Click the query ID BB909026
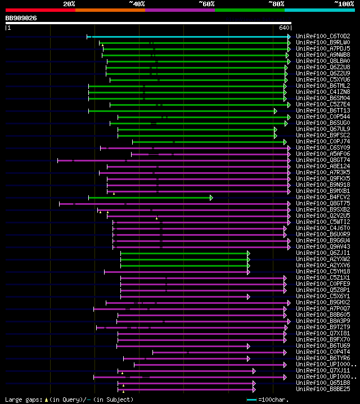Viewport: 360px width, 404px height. (21, 18)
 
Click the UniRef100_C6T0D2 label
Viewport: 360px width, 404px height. (323, 37)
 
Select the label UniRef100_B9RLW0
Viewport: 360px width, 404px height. (323, 43)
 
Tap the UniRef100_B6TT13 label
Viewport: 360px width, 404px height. (323, 111)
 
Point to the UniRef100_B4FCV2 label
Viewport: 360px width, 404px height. (323, 197)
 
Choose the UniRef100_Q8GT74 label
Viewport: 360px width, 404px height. (323, 160)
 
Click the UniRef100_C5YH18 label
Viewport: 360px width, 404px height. (323, 272)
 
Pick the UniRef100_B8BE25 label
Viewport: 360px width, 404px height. (323, 389)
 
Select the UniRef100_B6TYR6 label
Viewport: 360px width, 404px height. (323, 358)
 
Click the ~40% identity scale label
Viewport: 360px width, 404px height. (137, 4)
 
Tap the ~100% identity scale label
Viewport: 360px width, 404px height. (344, 4)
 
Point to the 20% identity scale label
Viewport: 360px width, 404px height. (69, 4)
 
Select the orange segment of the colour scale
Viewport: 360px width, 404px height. (110, 10)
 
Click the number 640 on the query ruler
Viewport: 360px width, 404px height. (283, 28)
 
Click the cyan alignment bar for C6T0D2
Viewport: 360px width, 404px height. (191, 37)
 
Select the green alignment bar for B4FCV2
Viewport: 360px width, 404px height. (149, 197)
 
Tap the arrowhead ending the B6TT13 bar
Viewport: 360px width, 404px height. (276, 111)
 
